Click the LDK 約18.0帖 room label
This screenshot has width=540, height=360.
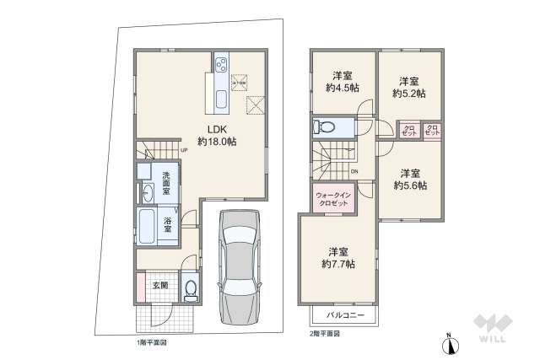(x=216, y=136)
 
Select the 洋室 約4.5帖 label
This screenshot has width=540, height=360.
(x=341, y=80)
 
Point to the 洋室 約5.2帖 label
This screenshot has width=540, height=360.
(x=409, y=86)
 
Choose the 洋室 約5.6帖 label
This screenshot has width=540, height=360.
(x=409, y=179)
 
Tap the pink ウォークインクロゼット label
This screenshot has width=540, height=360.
(x=332, y=200)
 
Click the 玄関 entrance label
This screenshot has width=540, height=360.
(x=159, y=285)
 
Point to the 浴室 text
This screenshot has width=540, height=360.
(x=168, y=223)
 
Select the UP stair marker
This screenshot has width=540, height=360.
(x=183, y=151)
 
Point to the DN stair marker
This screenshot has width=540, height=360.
(x=354, y=172)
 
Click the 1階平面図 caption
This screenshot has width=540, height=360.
(x=152, y=344)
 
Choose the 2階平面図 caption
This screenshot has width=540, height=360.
(x=324, y=334)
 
